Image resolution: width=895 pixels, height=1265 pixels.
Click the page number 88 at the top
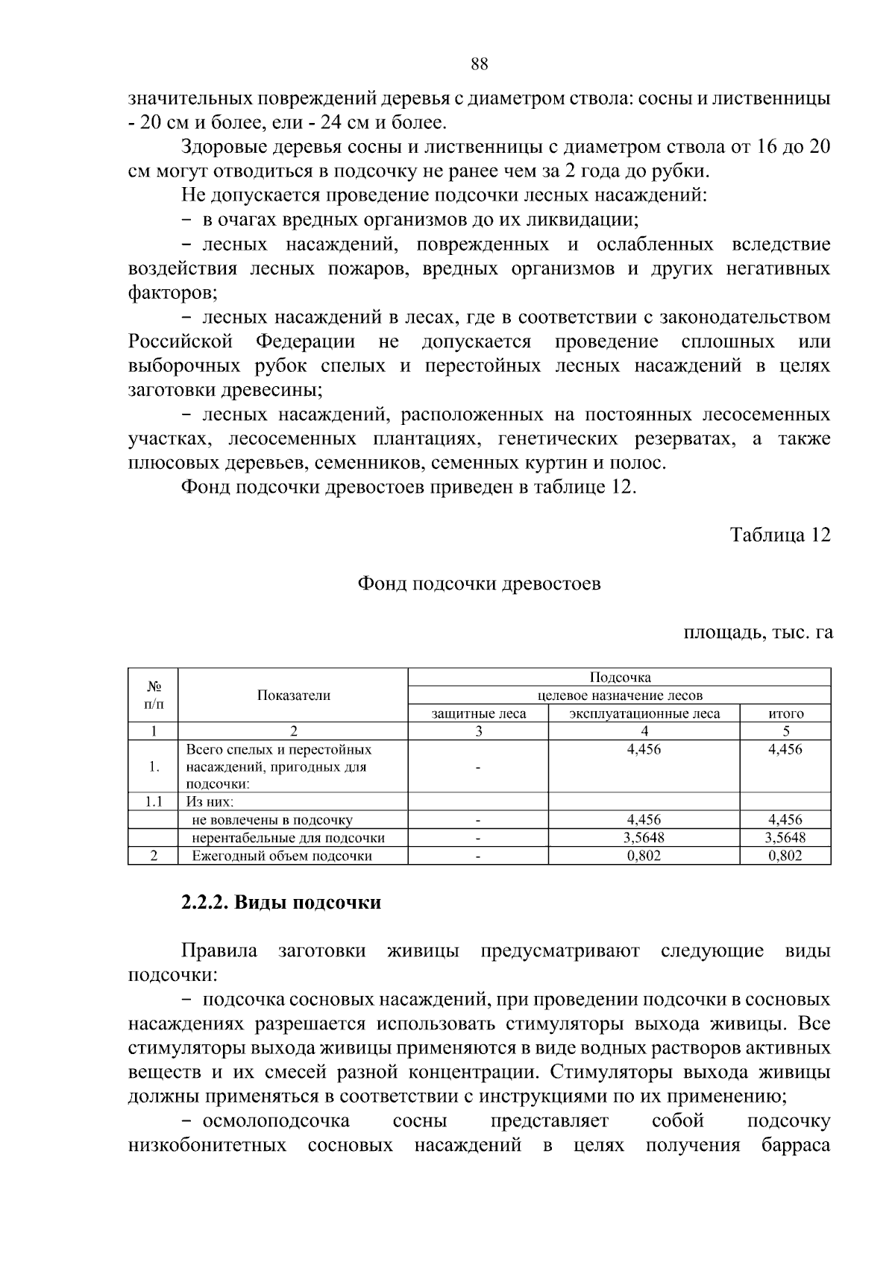[480, 64]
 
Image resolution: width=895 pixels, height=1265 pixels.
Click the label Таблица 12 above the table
[779, 535]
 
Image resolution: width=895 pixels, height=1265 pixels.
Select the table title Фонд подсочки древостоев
[479, 584]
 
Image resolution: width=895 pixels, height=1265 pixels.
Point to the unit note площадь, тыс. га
[758, 633]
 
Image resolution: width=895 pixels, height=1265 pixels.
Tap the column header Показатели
[293, 695]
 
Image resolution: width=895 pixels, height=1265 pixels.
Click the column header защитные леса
[478, 713]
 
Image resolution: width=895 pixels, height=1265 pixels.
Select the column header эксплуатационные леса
[644, 713]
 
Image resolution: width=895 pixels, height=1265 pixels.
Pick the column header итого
[785, 713]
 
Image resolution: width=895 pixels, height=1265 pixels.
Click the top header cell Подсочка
[620, 677]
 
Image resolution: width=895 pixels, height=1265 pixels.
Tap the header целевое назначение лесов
[620, 695]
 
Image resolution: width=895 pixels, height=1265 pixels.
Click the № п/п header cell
[153, 695]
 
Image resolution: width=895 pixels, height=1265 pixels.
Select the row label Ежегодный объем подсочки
[282, 856]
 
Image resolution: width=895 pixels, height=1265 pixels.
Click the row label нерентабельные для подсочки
[288, 838]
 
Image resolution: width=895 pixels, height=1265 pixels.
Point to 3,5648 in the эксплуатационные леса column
[644, 838]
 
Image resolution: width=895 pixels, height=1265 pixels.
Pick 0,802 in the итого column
[785, 856]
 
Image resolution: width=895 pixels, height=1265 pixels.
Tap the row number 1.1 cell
[153, 802]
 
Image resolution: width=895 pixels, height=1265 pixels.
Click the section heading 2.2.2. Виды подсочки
[281, 903]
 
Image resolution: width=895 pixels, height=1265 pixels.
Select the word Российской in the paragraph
[180, 342]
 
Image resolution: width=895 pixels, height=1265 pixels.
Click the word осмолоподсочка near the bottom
[275, 1121]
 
